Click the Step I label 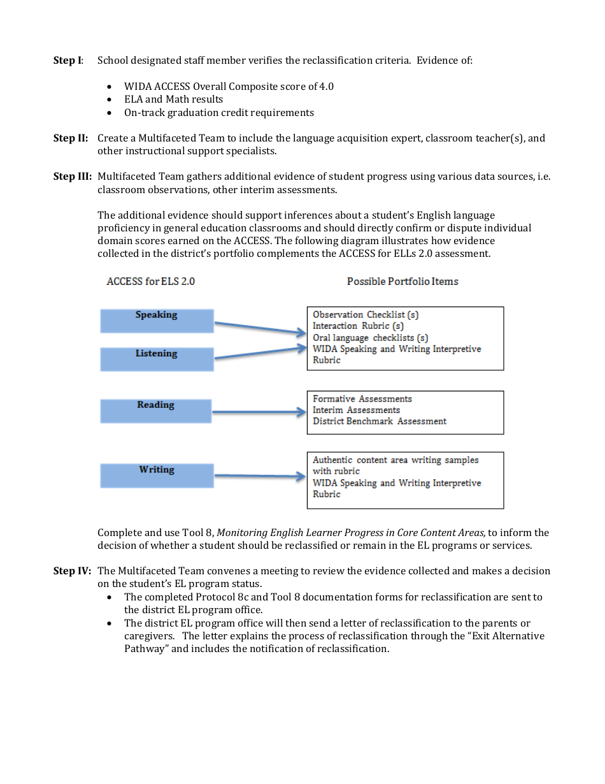tap(68, 61)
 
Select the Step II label tap(70, 138)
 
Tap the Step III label tap(72, 177)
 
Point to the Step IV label tap(72, 571)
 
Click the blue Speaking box tap(157, 321)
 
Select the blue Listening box tap(157, 359)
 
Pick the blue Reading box tap(155, 410)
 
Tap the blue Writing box tap(157, 475)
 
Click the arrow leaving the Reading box tap(258, 413)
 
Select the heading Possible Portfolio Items tap(402, 282)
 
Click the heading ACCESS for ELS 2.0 tap(151, 282)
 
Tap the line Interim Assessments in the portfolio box tap(356, 410)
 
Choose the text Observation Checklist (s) tap(366, 315)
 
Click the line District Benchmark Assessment tap(380, 421)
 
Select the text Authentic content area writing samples tap(395, 460)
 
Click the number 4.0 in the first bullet tap(327, 87)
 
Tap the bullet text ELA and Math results tap(173, 99)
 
